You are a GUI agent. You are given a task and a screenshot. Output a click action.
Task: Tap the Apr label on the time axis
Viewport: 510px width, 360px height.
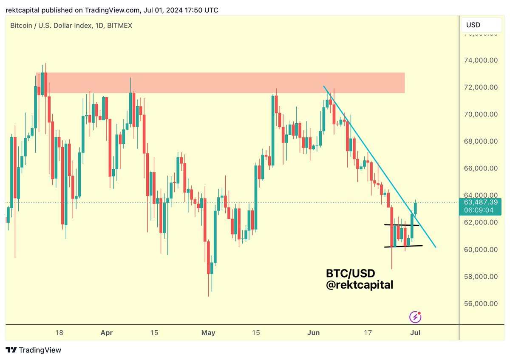click(107, 332)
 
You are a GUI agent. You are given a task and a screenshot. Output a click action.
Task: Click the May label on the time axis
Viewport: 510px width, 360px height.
click(209, 332)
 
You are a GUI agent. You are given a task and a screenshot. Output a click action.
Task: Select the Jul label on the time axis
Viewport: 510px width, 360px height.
click(415, 332)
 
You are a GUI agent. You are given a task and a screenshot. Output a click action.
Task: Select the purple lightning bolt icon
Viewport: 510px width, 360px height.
click(415, 317)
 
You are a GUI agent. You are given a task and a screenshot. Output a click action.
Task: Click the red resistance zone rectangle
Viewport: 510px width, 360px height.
click(221, 83)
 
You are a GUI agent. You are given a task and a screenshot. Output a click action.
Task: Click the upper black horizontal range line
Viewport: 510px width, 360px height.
click(401, 225)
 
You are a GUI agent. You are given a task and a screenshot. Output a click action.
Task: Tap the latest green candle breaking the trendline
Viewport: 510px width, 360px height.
click(416, 208)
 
